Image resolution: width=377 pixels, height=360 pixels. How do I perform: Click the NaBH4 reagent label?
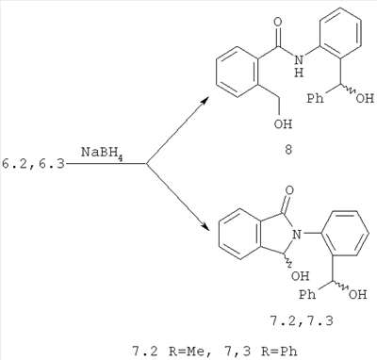tap(102, 153)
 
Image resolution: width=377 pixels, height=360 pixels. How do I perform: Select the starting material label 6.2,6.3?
tap(33, 164)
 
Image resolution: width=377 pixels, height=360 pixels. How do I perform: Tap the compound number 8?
tap(288, 150)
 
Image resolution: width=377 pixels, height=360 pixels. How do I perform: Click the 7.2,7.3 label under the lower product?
tap(302, 321)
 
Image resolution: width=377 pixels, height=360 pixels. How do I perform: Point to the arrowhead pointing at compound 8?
tap(205, 101)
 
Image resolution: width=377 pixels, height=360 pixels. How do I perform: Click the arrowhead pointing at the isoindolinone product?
tap(205, 227)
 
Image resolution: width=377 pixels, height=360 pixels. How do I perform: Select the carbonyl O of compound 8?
tap(278, 23)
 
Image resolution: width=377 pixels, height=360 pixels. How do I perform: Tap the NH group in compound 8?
tap(300, 65)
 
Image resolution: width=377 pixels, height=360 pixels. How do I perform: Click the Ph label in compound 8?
tap(315, 99)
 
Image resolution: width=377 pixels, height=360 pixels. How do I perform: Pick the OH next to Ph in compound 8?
tap(365, 99)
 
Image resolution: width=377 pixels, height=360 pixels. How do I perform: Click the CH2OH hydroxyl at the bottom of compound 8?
tap(283, 123)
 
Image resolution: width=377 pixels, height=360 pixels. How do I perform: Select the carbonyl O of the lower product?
tap(290, 190)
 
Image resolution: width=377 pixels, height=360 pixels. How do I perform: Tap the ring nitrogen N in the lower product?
tap(297, 234)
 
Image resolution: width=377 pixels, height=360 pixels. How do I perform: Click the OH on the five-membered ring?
tap(300, 276)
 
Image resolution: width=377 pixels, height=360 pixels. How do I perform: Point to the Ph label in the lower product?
tap(307, 295)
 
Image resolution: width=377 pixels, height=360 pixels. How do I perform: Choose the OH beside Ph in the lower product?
tap(357, 295)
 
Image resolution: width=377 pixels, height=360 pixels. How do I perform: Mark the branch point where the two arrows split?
tap(146, 163)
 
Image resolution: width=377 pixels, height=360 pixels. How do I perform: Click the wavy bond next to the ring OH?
tap(287, 261)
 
